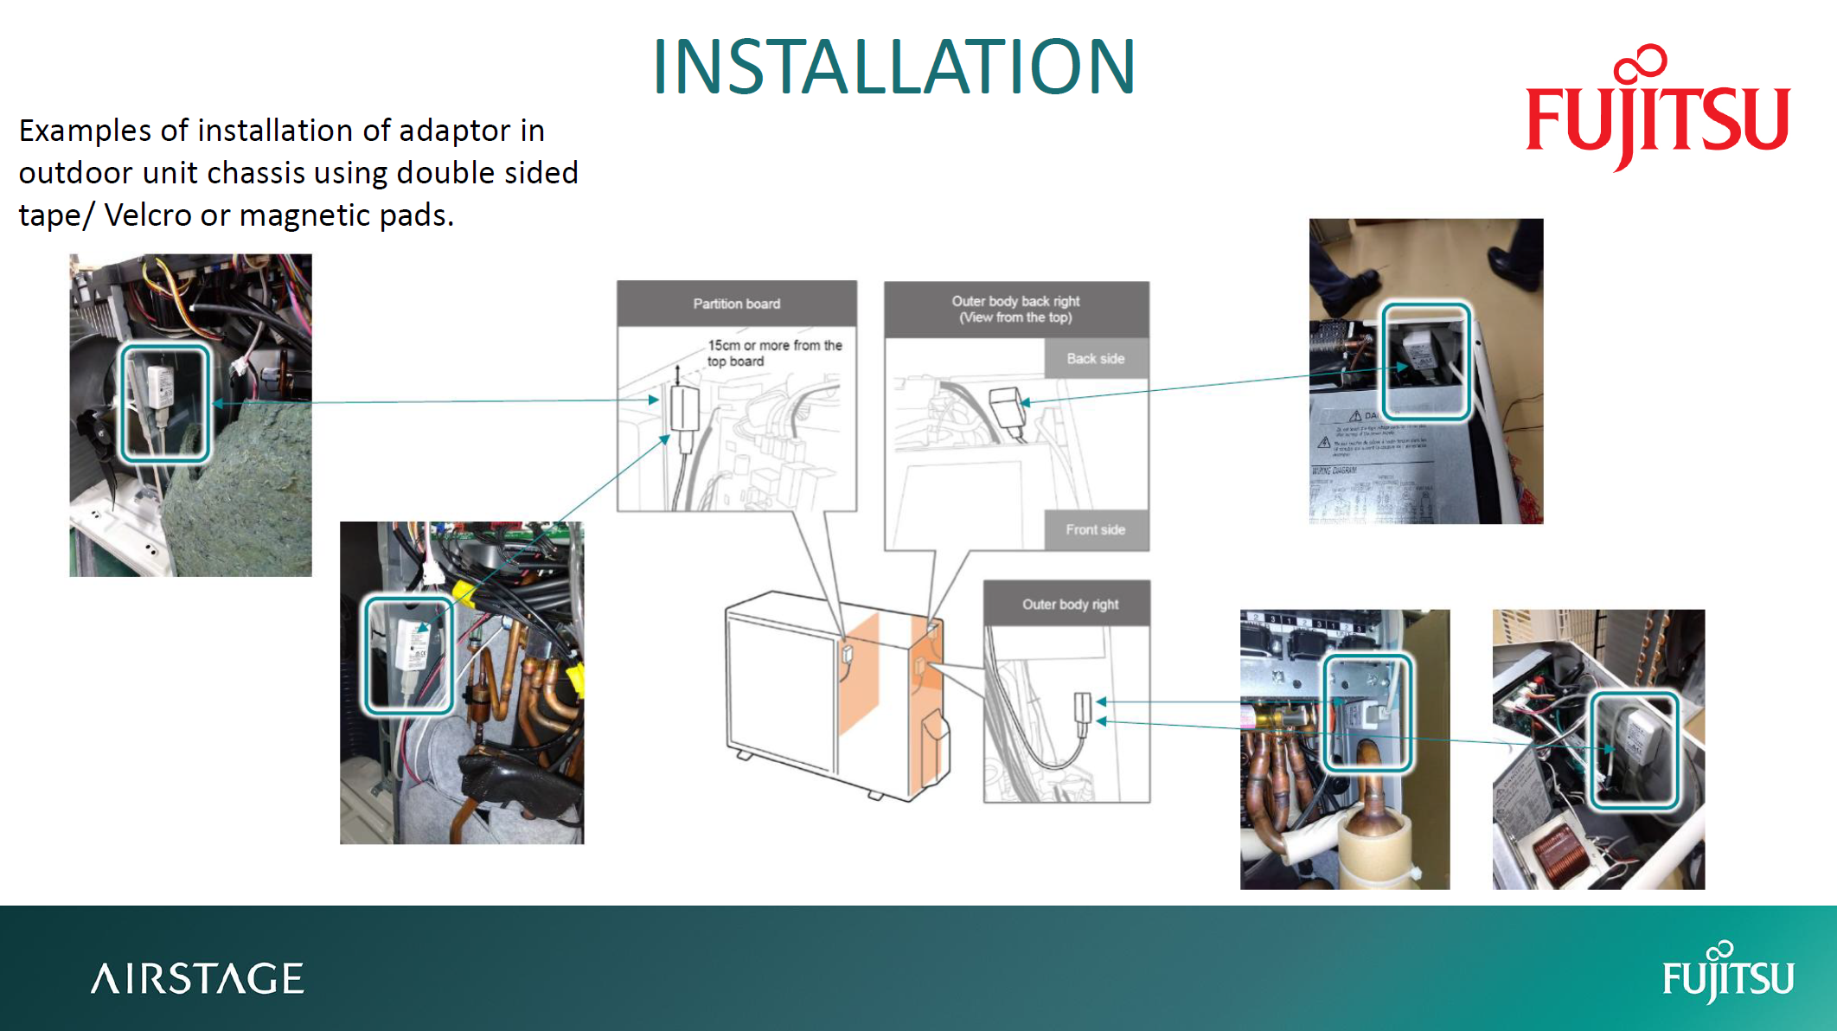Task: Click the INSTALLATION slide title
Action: pos(893,67)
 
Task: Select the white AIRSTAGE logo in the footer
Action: pos(197,978)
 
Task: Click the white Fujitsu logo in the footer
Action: pos(1727,975)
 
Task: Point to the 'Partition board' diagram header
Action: pos(736,304)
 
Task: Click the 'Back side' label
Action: pos(1095,358)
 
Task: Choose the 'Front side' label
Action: pos(1095,529)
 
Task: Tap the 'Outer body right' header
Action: pos(1070,604)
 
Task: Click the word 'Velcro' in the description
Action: pos(148,215)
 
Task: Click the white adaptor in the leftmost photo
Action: pos(161,387)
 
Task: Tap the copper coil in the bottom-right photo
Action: pos(1561,852)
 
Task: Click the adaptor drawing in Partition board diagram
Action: pos(684,408)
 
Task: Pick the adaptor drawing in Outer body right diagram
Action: pos(1082,707)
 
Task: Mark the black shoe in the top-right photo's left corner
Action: pos(1354,285)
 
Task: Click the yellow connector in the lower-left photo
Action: pos(465,594)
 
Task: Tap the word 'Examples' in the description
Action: pos(85,131)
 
